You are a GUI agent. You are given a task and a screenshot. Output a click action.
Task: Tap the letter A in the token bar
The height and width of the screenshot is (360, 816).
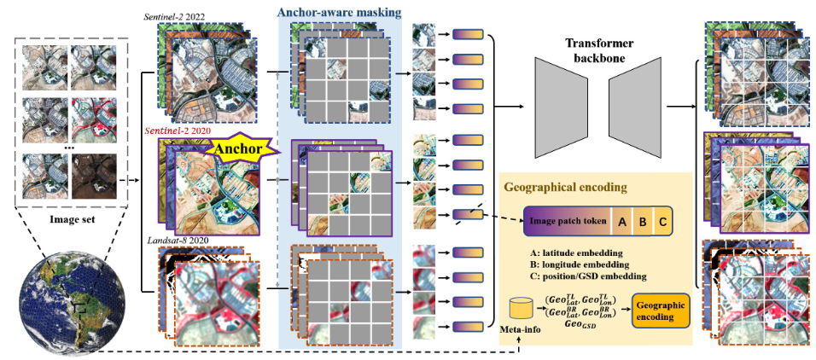click(623, 222)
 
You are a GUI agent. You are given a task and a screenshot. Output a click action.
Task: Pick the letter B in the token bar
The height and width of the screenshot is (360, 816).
click(643, 222)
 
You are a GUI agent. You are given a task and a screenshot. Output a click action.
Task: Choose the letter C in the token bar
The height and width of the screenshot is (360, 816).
click(662, 222)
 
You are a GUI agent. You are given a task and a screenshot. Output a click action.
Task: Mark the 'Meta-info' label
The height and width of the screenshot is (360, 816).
click(517, 329)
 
